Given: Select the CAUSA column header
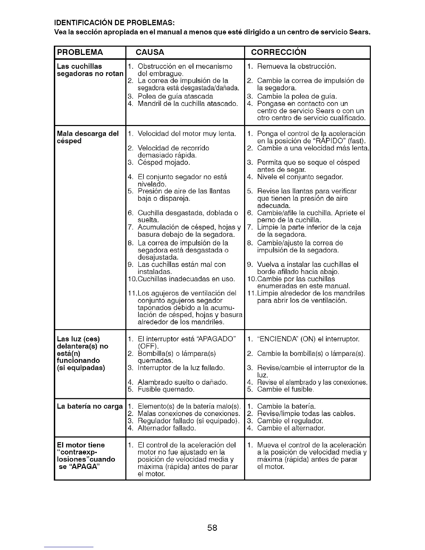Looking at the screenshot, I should click(x=150, y=52).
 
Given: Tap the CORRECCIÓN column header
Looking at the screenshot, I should click(x=278, y=52).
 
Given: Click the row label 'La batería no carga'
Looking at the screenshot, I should click(x=90, y=406).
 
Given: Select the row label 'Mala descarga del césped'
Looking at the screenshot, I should click(x=87, y=137).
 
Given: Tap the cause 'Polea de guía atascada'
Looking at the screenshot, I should click(x=175, y=96).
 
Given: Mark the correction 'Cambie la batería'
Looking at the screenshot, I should click(x=286, y=406).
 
